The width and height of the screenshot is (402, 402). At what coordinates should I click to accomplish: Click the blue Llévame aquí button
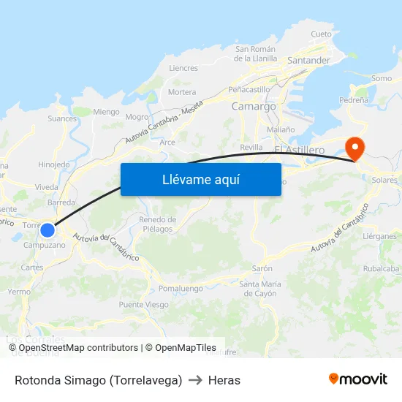(x=200, y=179)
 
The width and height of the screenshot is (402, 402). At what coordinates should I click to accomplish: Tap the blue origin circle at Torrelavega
(x=48, y=230)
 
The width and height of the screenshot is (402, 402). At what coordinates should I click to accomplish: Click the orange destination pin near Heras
(x=354, y=148)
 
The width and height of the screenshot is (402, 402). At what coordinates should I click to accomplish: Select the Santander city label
(x=309, y=61)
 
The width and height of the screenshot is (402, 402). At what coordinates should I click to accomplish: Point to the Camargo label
(x=254, y=106)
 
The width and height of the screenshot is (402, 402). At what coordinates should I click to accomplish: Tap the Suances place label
(x=62, y=118)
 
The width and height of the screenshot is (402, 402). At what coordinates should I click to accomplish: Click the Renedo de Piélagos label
(x=157, y=224)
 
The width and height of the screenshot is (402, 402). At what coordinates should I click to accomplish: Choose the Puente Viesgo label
(x=143, y=305)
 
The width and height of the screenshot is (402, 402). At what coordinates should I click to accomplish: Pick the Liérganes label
(x=379, y=236)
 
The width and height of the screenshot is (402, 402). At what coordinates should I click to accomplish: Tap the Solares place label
(x=384, y=180)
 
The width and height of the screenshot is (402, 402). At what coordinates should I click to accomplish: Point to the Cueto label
(x=321, y=34)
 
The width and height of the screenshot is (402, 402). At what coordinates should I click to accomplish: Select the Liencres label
(x=183, y=68)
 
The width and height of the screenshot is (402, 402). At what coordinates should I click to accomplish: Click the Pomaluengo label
(x=181, y=289)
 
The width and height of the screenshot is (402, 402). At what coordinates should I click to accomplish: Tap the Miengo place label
(x=106, y=112)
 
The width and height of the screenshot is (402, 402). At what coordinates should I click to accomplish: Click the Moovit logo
(x=357, y=379)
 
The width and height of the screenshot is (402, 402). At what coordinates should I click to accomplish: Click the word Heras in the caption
(x=224, y=380)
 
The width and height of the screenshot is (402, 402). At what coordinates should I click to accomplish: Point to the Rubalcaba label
(x=381, y=268)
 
